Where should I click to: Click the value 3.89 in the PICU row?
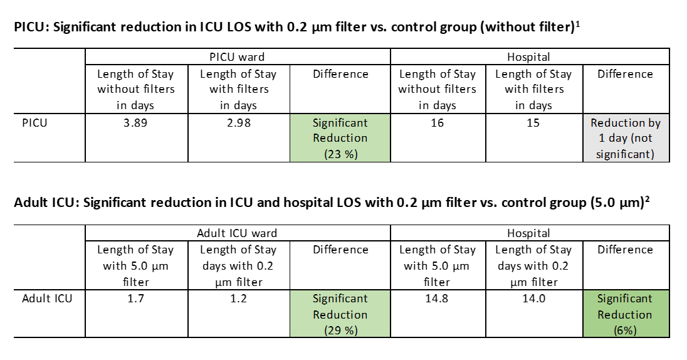click(135, 123)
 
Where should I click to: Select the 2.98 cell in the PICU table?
click(238, 123)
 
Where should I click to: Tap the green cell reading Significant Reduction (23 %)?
click(340, 138)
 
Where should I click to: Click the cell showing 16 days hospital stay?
click(437, 123)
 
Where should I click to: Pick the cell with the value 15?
click(533, 123)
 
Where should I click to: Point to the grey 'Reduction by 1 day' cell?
click(625, 138)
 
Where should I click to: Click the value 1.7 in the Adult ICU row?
click(135, 299)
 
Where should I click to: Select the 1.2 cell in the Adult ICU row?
click(238, 299)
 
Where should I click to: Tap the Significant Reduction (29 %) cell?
click(340, 314)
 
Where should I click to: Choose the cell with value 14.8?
click(437, 299)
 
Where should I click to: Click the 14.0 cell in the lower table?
click(533, 299)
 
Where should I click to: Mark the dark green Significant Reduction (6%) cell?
click(625, 314)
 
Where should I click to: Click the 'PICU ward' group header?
click(238, 57)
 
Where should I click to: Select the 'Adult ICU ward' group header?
click(237, 233)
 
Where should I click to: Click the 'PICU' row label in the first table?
click(34, 123)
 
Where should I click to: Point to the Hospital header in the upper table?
click(528, 57)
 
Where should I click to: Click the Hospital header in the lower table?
click(528, 233)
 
